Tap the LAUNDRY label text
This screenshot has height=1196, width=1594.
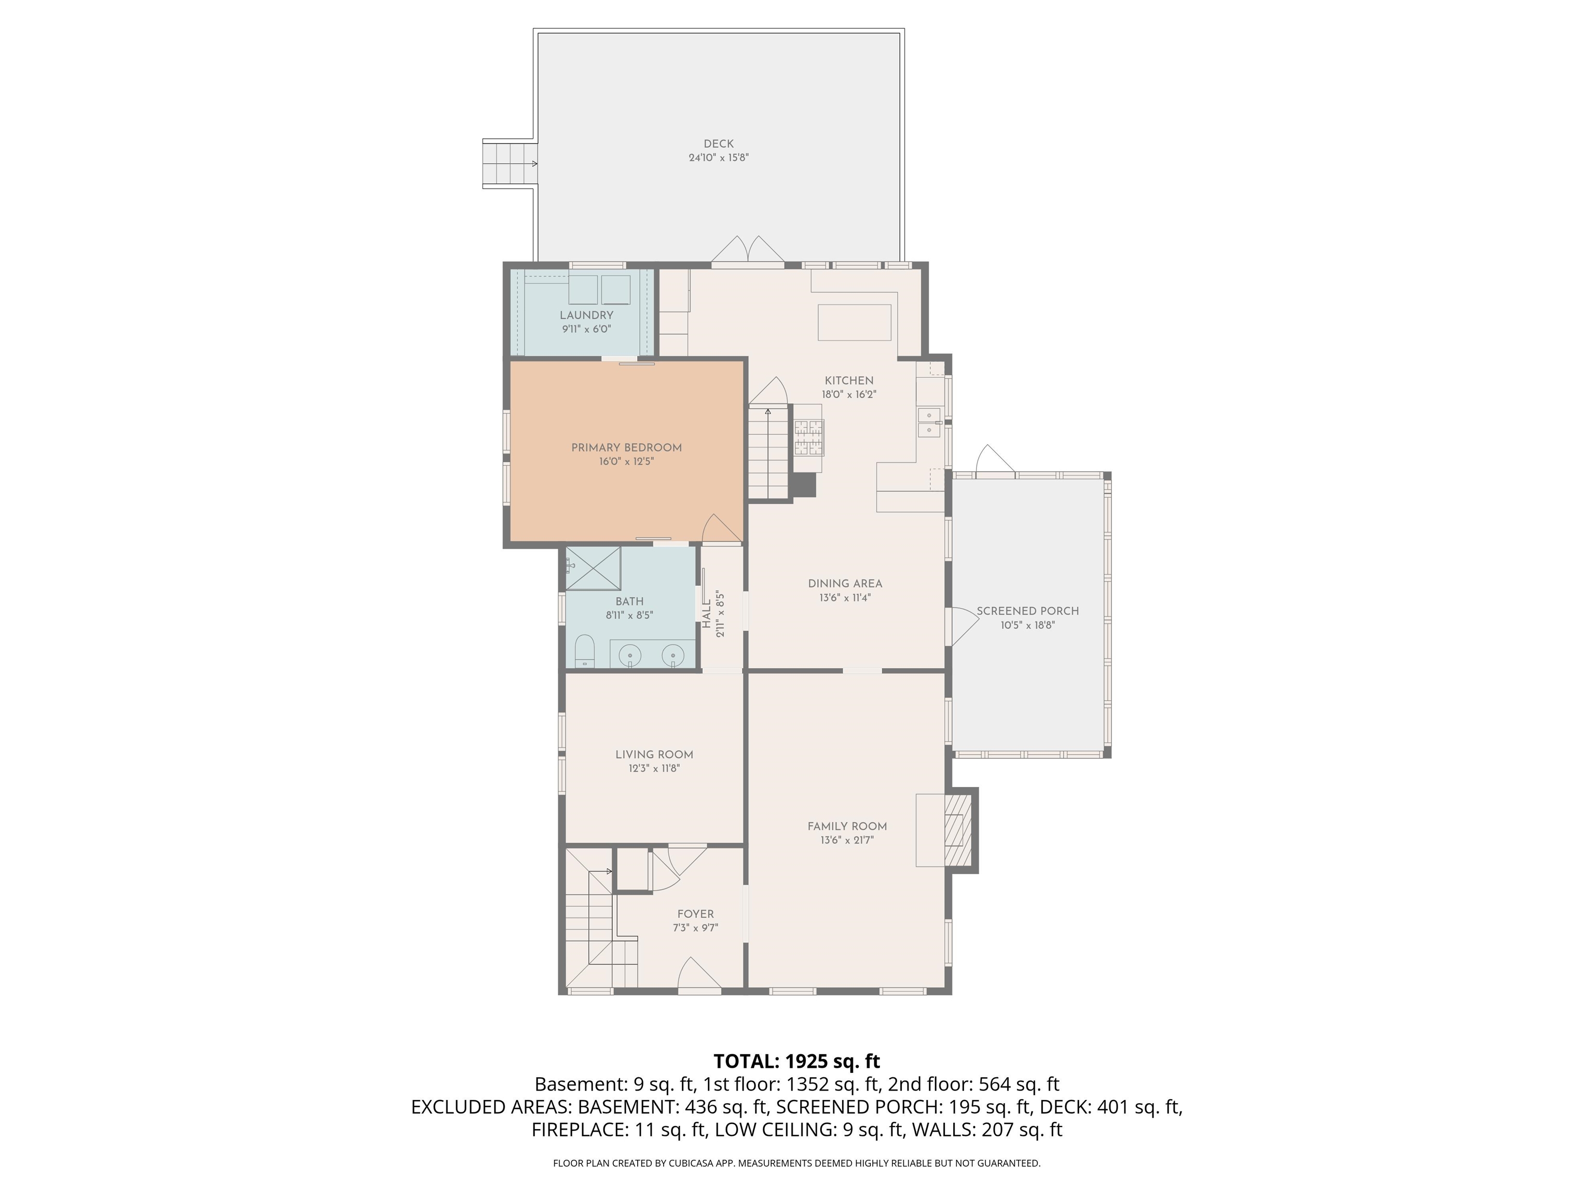(x=586, y=315)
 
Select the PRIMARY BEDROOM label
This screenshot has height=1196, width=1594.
(x=626, y=447)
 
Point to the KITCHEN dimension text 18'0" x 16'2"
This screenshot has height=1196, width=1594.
(x=849, y=395)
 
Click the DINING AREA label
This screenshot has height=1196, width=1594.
(x=845, y=584)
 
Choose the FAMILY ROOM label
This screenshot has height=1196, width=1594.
(x=847, y=826)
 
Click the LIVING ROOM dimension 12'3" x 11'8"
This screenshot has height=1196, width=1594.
(x=654, y=768)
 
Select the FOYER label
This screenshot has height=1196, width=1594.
(x=695, y=914)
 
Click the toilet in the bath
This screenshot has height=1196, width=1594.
(x=584, y=651)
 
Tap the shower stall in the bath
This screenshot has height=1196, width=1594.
(x=593, y=569)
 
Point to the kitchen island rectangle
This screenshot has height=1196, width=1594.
(x=855, y=322)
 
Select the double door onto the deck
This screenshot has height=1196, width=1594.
(x=748, y=250)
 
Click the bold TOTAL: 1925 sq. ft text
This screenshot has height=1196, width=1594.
(x=796, y=1061)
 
